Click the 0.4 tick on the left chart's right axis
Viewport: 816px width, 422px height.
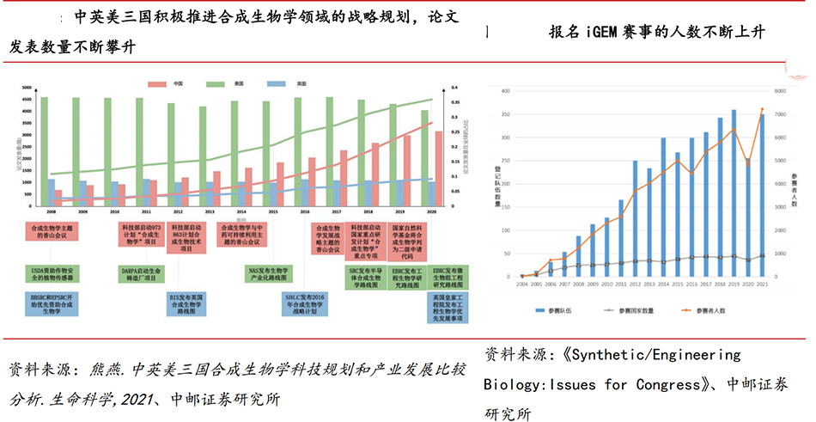tap(457, 89)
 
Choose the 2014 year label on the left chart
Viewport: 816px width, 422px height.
tap(241, 211)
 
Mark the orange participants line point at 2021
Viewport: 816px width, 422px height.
tap(762, 109)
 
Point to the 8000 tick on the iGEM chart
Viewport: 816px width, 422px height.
tap(781, 91)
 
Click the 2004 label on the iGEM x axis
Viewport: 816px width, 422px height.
tap(522, 283)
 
